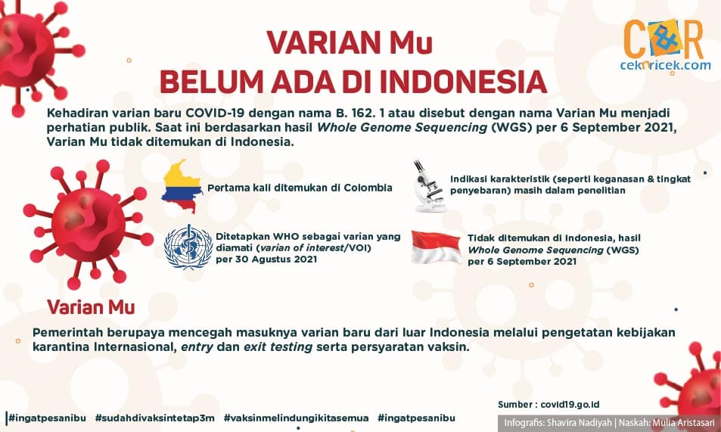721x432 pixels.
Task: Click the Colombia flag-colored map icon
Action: [x=182, y=186]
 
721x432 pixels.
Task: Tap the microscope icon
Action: [x=430, y=186]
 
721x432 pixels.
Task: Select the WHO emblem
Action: [x=188, y=247]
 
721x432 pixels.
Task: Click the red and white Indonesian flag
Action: [x=436, y=247]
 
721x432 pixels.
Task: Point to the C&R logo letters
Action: [x=664, y=39]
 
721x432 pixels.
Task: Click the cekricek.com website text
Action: [x=665, y=65]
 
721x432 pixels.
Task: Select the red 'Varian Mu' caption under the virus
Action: [x=91, y=307]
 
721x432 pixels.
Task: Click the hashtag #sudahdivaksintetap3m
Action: [x=154, y=418]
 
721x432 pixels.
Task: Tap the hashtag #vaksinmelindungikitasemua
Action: [x=296, y=418]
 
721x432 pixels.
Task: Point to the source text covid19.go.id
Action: [x=570, y=405]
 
